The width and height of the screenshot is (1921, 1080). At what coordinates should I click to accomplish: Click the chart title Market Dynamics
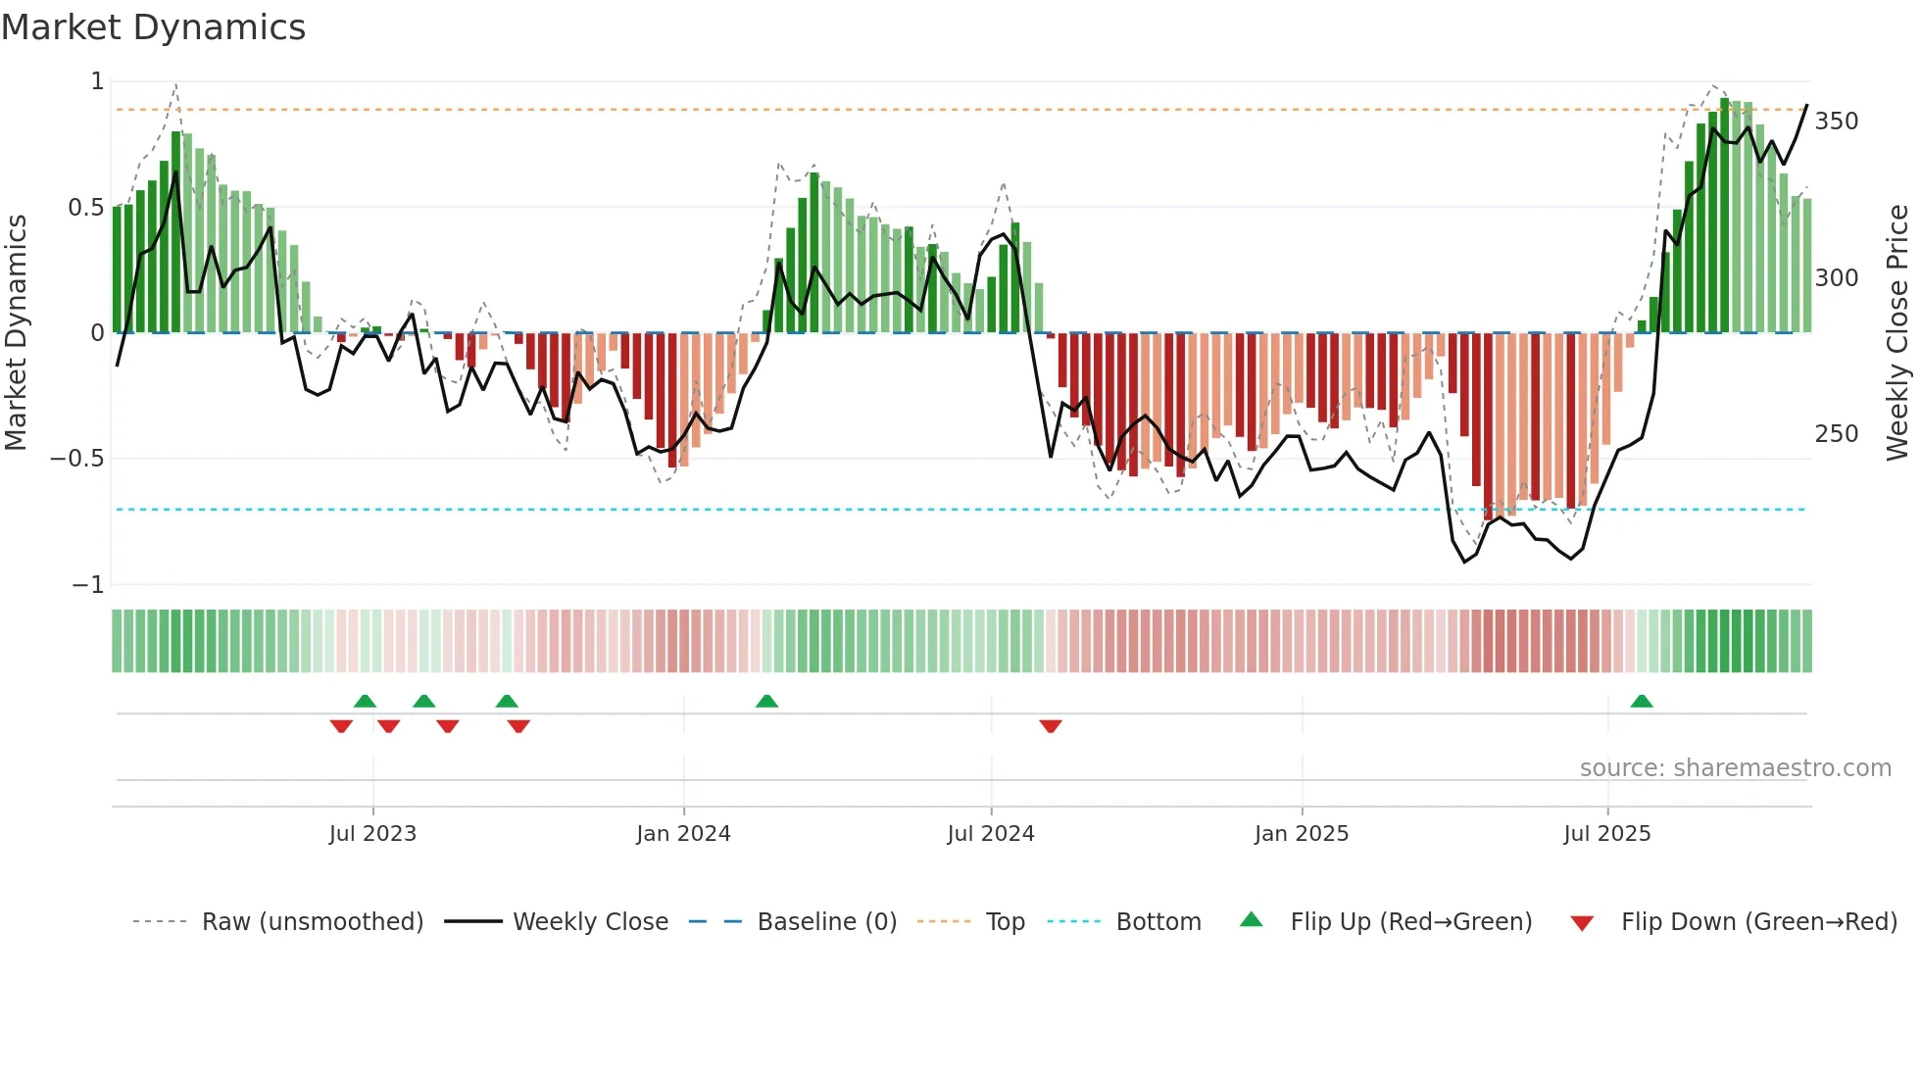point(153,27)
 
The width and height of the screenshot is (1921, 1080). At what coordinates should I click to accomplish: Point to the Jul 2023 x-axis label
point(372,834)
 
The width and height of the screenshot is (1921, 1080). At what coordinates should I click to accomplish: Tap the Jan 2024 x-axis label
point(683,834)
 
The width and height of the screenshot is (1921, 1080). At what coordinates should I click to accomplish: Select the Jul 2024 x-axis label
point(991,834)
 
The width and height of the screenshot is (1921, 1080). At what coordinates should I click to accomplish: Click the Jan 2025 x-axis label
point(1302,834)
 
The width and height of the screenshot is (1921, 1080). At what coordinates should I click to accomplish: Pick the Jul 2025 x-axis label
point(1607,834)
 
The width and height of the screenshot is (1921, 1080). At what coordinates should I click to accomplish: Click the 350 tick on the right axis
point(1837,122)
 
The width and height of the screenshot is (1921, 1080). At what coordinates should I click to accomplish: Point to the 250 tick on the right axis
point(1837,434)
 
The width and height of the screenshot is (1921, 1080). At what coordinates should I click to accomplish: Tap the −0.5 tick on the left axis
point(76,459)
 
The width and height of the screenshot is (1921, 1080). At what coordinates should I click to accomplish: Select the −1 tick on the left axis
point(88,585)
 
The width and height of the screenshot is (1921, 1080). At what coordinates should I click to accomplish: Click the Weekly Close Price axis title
point(1898,333)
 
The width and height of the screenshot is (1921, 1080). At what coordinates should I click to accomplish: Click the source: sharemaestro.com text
point(1735,768)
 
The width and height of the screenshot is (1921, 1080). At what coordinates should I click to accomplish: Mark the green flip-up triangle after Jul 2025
point(1642,702)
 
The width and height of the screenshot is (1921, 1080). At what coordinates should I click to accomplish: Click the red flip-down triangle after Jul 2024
point(1051,726)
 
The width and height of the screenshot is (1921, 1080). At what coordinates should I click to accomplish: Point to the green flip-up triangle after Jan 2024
point(767,702)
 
